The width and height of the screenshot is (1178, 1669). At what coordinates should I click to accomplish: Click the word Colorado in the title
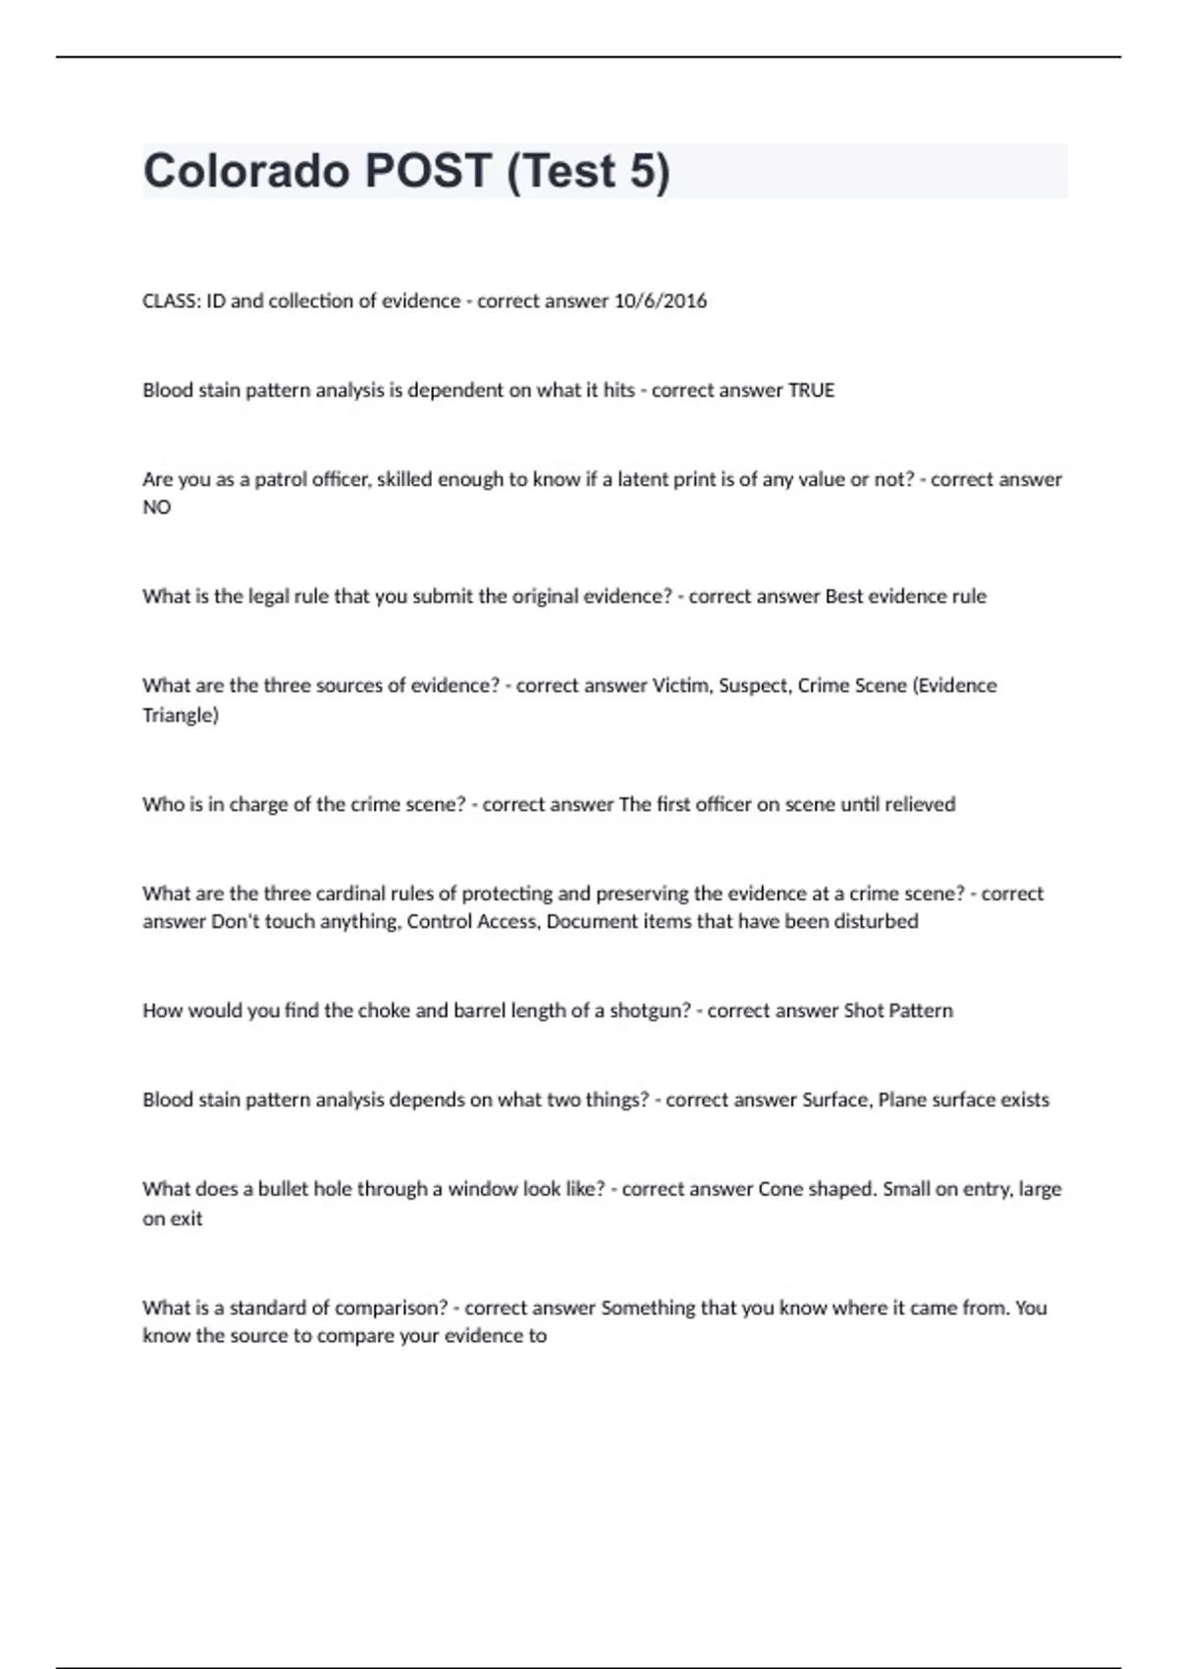[x=246, y=171]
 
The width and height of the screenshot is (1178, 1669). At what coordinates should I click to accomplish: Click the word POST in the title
[x=427, y=171]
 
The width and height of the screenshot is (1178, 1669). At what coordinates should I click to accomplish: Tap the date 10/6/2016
[x=660, y=300]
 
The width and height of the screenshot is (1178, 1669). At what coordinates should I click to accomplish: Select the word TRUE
[x=811, y=390]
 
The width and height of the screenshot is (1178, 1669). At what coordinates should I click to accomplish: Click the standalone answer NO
[x=157, y=507]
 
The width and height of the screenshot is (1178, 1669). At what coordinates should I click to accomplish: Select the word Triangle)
[x=181, y=715]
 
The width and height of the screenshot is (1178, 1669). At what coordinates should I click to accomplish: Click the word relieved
[x=920, y=804]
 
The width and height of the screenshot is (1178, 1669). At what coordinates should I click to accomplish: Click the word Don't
[x=235, y=921]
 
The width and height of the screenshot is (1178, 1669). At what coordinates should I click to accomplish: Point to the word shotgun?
[x=651, y=1010]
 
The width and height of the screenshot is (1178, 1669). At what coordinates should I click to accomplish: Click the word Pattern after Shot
[x=921, y=1010]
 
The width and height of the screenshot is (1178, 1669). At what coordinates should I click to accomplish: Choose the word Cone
[x=781, y=1189]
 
